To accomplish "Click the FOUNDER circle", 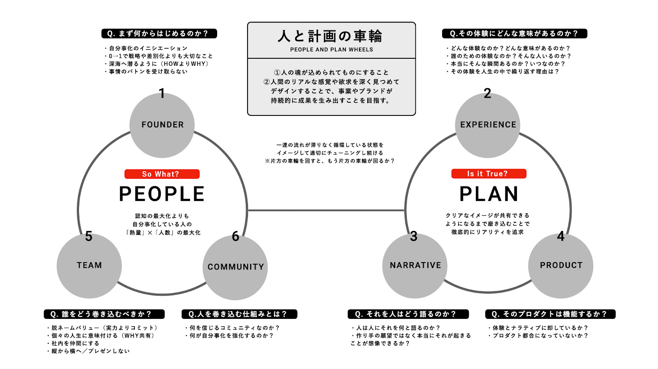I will [x=162, y=125].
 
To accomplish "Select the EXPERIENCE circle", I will [x=488, y=125].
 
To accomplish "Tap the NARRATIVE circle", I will [x=415, y=265].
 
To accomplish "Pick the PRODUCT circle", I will [x=561, y=265].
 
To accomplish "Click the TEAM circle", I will [x=89, y=265].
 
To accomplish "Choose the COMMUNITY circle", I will [x=235, y=267].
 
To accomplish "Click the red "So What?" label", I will [x=162, y=174].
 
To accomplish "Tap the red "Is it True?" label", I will [x=488, y=174].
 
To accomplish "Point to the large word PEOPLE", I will [x=162, y=194].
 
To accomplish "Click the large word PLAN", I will [x=489, y=194].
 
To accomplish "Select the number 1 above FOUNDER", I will [x=162, y=94].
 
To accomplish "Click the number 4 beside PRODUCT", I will [x=561, y=236].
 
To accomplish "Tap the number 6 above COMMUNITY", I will [x=235, y=236].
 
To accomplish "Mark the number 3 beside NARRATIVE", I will [x=414, y=236].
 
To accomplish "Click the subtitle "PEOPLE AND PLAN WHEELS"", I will [x=331, y=50].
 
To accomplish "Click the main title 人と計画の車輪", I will [x=330, y=36].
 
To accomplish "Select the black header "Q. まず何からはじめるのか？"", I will [x=159, y=34].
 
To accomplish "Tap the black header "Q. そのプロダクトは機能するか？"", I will [x=550, y=314].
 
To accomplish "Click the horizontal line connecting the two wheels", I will [x=326, y=210].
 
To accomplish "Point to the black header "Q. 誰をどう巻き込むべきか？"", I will [x=104, y=314].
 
